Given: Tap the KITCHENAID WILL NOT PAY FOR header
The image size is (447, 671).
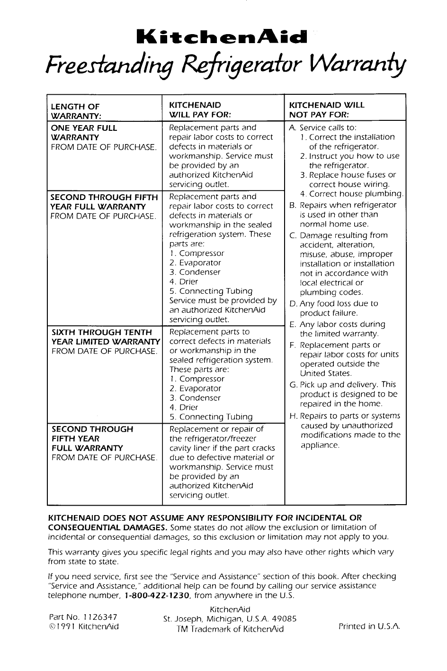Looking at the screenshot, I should tap(327, 110).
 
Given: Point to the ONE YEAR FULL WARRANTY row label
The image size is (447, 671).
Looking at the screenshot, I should tap(84, 133).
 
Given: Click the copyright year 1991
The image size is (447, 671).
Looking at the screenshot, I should tap(64, 626).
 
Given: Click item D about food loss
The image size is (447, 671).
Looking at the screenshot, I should tap(339, 308).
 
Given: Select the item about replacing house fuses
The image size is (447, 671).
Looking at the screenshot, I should tap(352, 180).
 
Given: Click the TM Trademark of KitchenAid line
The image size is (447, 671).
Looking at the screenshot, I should tap(230, 629).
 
